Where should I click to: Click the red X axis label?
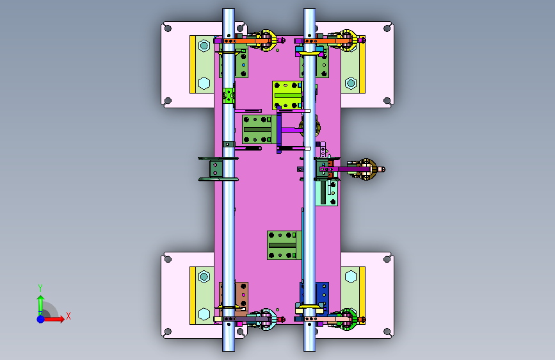pos(68,316)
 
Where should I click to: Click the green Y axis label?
pos(40,288)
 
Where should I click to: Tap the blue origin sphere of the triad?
pos(41,319)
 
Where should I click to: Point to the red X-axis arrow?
pos(53,319)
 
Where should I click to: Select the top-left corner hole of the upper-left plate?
pos(168,28)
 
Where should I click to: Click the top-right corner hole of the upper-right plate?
pos(387,28)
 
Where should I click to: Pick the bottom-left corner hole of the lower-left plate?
pos(168,332)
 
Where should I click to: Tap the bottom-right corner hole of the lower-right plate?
pos(387,332)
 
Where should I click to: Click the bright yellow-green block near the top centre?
pos(287,95)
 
